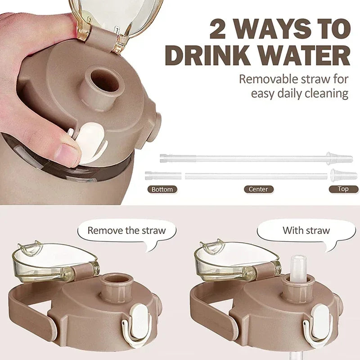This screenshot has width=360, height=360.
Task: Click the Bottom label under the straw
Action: point(162,189)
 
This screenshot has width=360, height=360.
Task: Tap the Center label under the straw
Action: point(258,189)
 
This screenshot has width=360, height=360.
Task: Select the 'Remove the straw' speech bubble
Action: point(126,231)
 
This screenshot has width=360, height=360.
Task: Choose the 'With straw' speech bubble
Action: point(306,231)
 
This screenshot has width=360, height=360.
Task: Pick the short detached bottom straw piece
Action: point(163,175)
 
